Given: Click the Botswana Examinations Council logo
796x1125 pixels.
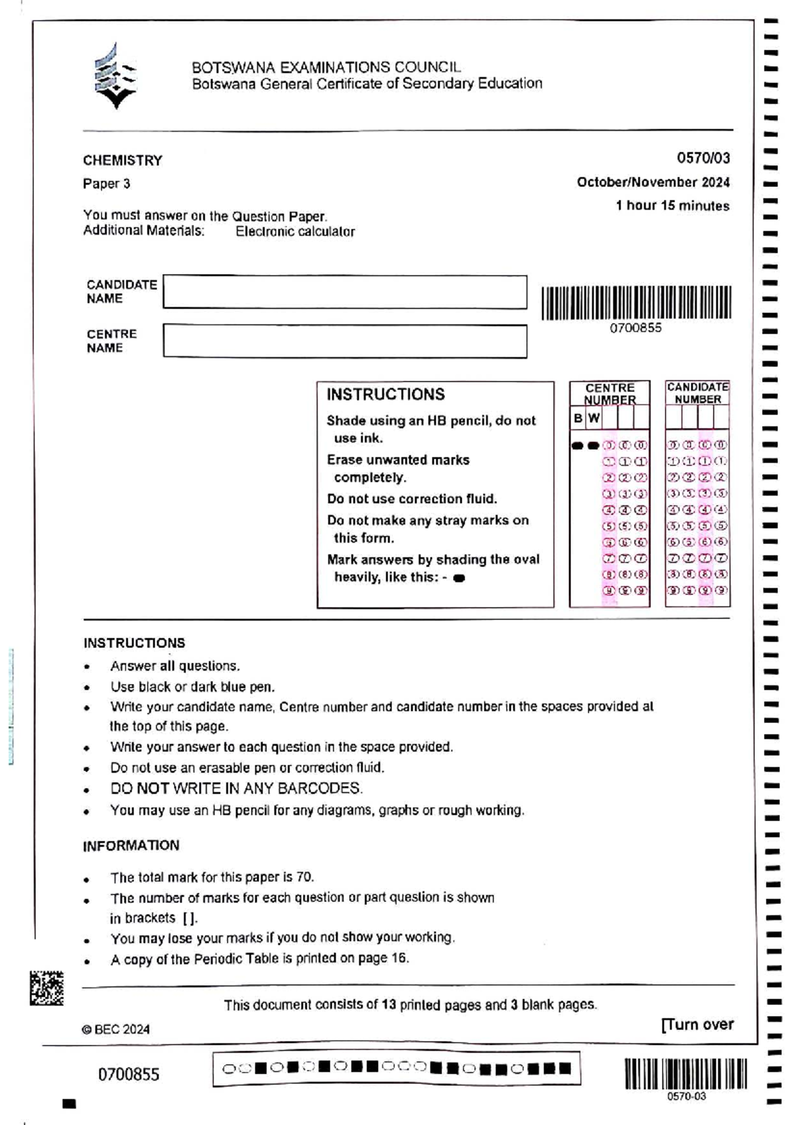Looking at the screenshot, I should [115, 76].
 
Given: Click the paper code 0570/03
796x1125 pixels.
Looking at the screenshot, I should [703, 158].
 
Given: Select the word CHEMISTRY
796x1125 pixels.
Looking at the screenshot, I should [123, 161].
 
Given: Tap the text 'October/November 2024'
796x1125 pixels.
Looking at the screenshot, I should [653, 182].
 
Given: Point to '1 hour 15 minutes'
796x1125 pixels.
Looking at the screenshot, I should [672, 206].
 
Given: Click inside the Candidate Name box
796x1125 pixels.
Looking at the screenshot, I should [345, 292].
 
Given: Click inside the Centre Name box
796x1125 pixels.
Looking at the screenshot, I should [345, 341].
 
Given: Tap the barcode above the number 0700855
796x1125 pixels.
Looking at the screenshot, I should [636, 302].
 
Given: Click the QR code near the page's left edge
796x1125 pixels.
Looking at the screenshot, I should [46, 988].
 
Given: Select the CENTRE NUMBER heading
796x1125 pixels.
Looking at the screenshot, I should [610, 393].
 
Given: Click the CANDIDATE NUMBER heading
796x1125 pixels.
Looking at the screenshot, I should [698, 393].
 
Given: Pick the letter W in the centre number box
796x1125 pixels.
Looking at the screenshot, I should [594, 418].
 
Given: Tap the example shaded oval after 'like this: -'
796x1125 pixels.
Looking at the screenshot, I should [459, 578].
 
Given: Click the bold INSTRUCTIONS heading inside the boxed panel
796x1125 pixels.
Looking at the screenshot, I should [385, 395].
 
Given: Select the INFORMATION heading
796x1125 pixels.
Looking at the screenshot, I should [131, 846].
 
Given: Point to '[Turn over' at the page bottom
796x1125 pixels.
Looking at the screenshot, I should [697, 1025].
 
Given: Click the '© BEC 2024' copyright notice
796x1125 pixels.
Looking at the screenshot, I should [116, 1029].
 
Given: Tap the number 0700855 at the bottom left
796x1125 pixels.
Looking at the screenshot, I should [129, 1075].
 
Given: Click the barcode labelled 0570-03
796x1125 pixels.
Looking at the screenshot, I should [685, 1074].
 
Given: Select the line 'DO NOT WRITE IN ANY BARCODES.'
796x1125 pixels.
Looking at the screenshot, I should [237, 789].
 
